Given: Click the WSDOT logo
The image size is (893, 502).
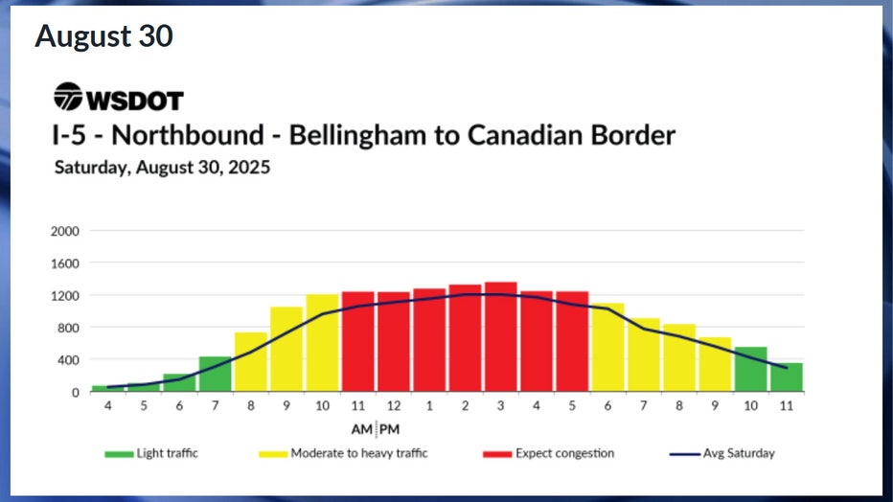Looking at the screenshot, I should coord(118,98).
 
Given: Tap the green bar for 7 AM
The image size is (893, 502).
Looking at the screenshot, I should coord(216,375).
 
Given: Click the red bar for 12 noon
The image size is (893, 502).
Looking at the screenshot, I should coord(394,342).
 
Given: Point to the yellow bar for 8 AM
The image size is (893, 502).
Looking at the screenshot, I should coord(251,362).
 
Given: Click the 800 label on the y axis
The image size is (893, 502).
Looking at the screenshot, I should coord(70,328).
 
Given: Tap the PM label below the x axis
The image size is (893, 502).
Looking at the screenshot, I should coord(390,428).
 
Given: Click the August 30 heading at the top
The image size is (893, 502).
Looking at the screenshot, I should coord(103,36).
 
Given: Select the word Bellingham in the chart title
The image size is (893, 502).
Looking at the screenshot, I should coord(358,135).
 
